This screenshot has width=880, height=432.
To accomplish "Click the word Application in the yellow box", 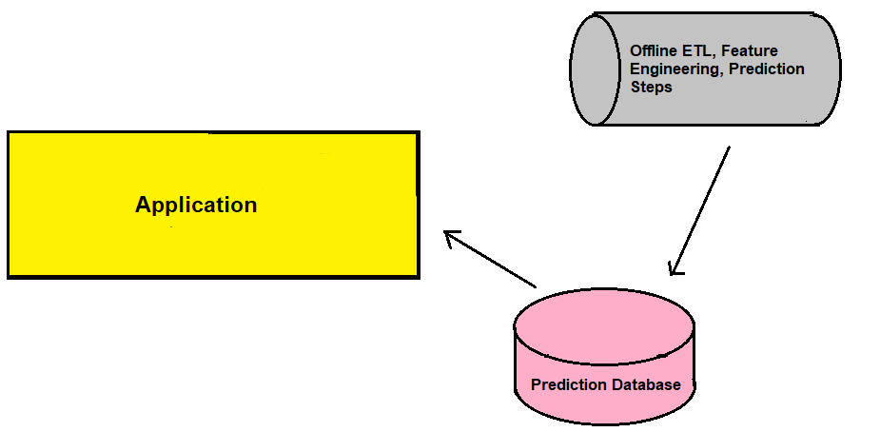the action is [x=196, y=206].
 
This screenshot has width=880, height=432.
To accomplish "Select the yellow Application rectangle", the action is [x=213, y=205].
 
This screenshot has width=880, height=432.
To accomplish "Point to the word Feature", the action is [x=750, y=50].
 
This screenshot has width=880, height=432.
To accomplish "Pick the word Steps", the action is [x=651, y=88].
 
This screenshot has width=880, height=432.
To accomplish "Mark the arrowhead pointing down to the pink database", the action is [x=675, y=268].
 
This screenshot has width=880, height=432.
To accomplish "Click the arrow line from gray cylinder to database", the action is [x=700, y=210].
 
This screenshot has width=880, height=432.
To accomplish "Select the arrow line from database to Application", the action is [x=490, y=259].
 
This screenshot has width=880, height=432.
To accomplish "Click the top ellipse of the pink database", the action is [x=604, y=326].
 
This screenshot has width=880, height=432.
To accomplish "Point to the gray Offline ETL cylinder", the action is [x=705, y=69].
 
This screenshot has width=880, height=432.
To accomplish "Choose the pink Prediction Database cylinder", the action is [x=604, y=356].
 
